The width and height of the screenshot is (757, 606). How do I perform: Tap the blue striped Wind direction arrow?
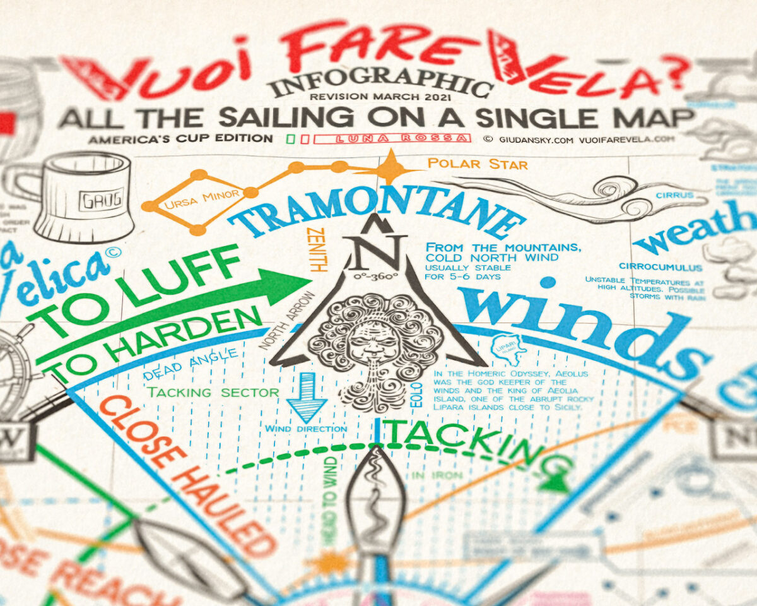pos(306,396)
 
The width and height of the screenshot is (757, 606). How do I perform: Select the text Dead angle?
pos(191,364)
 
